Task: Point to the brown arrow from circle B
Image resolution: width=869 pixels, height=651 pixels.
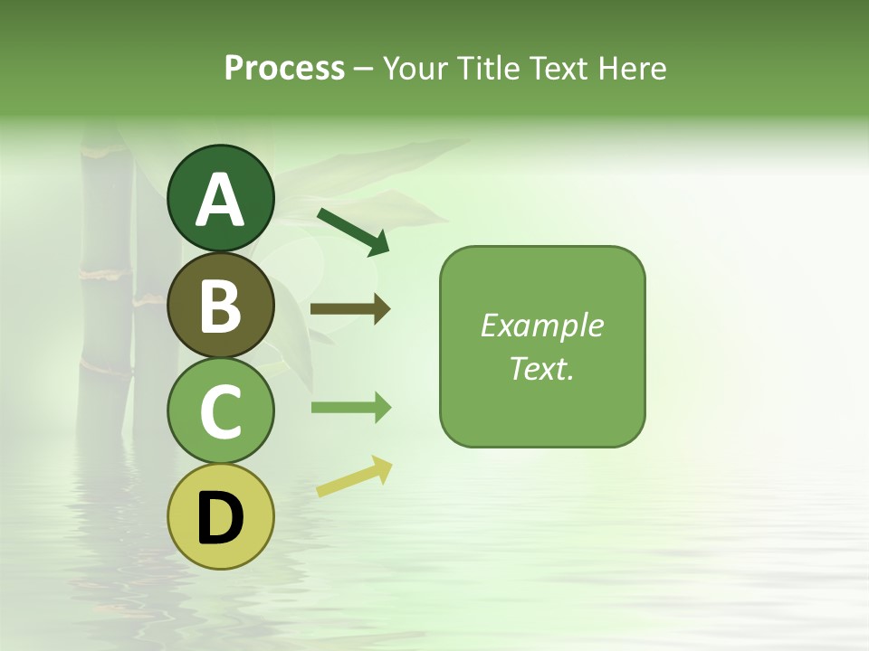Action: point(349,309)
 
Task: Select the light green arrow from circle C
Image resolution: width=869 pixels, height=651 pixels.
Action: point(349,408)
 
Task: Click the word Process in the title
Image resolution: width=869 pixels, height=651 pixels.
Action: point(284,69)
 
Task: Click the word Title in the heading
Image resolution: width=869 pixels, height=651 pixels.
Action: point(487,69)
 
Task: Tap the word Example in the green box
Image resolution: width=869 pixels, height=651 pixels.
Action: point(541,325)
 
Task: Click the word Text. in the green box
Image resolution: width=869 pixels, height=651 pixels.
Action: point(541,368)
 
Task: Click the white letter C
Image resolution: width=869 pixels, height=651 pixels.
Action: point(220,411)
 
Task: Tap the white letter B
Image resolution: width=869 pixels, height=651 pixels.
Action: point(220,306)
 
